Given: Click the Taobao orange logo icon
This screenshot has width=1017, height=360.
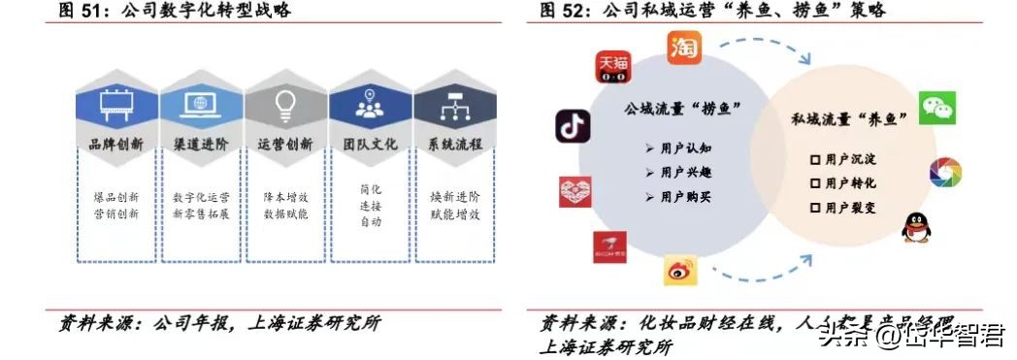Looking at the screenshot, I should coord(684,48).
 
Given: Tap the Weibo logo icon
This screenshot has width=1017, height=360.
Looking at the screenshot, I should coord(681,271).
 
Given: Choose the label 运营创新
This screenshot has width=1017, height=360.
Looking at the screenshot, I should coord(285,144).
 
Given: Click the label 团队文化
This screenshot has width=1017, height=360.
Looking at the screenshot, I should coord(370,144).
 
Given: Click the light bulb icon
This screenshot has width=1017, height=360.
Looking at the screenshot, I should coord(285,103).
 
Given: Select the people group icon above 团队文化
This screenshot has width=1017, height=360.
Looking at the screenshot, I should coord(370,103).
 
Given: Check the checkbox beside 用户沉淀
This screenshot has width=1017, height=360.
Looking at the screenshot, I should coord(815,157).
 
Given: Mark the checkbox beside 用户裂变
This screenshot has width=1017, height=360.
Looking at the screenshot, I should coord(815,207).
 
